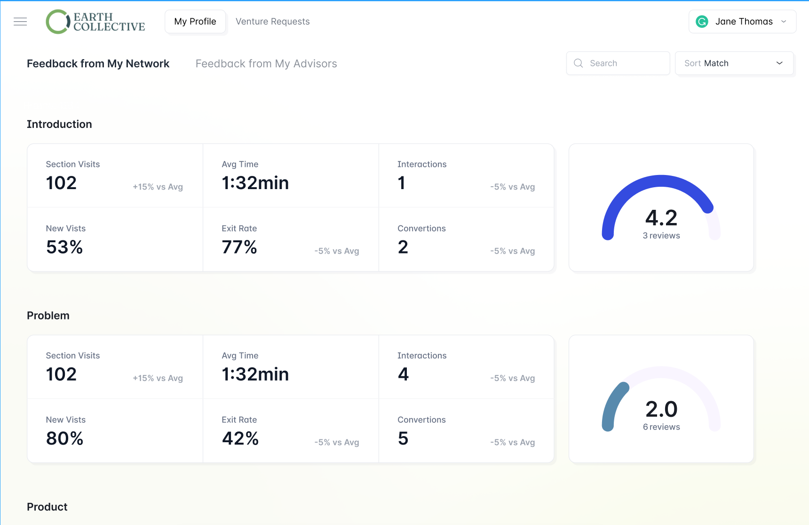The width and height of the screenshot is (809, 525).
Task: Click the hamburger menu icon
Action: point(20,22)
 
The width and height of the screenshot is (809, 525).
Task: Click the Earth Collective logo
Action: point(95,22)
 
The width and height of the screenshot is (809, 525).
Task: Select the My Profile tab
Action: point(195,22)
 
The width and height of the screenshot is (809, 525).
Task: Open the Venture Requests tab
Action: point(272,22)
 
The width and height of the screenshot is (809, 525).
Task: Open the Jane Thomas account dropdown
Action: point(742,22)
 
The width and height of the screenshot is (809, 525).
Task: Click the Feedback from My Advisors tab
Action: point(266,64)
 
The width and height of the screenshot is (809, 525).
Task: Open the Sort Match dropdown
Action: point(734,63)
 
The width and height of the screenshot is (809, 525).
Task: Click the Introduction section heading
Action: point(59,124)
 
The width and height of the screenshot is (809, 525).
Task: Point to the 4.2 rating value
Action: point(661,218)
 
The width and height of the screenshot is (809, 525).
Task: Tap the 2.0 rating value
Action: point(661,409)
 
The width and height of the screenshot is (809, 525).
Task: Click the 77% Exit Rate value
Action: point(239,247)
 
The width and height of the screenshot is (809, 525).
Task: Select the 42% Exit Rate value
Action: point(240,438)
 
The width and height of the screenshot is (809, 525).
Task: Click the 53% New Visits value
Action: point(64,247)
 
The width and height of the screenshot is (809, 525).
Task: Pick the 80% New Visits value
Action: point(65,438)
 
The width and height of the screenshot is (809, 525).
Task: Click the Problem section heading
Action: point(48,316)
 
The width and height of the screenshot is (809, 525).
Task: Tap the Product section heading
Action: point(47,507)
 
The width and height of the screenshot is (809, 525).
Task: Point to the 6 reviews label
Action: point(661,427)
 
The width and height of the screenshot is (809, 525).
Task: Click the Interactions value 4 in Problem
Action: point(403,374)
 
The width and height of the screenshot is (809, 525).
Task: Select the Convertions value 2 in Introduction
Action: point(403,247)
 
